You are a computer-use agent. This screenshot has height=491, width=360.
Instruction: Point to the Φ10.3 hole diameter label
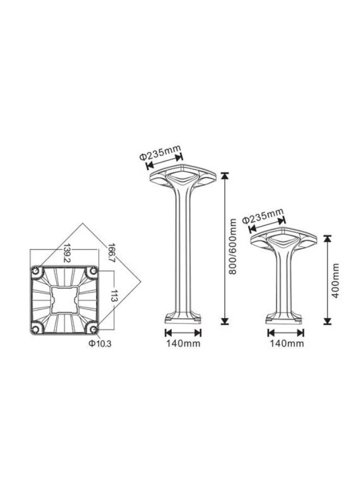(100, 344)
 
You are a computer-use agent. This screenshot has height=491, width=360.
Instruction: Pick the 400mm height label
(335, 280)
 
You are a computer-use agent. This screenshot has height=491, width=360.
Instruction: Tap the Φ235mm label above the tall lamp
(160, 151)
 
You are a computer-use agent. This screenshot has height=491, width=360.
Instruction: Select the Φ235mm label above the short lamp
(263, 215)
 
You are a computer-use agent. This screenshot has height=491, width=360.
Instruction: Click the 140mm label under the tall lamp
(183, 344)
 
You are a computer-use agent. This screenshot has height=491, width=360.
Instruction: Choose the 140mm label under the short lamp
(287, 344)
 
